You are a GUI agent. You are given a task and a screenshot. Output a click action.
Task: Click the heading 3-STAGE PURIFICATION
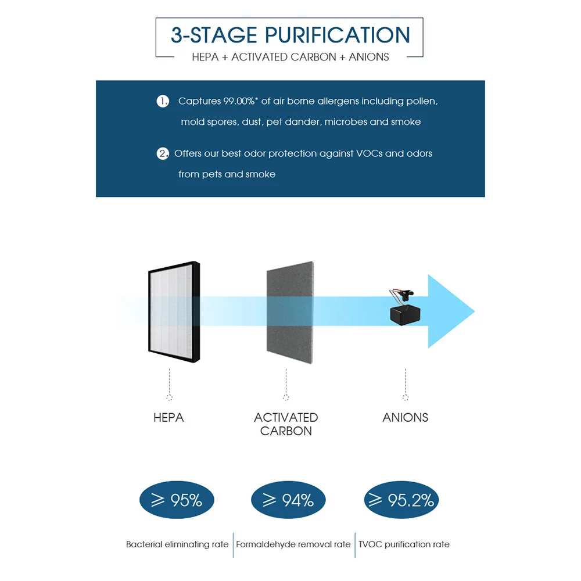click(x=290, y=35)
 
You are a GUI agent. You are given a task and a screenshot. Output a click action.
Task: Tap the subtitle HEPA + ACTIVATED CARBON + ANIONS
click(x=290, y=57)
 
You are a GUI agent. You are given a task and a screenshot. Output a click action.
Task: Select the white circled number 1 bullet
click(x=163, y=101)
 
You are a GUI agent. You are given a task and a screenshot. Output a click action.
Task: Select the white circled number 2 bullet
click(x=163, y=153)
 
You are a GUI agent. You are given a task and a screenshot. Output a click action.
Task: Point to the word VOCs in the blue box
click(x=365, y=153)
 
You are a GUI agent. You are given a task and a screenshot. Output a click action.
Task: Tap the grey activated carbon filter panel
click(x=289, y=314)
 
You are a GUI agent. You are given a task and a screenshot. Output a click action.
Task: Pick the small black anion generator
click(x=406, y=311)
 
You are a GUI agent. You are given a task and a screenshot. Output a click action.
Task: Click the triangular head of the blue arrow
click(x=450, y=311)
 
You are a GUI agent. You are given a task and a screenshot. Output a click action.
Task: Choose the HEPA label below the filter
click(x=168, y=417)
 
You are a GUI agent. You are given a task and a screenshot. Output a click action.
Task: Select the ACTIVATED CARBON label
click(x=286, y=424)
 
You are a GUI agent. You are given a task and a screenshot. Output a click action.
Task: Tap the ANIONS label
click(x=405, y=417)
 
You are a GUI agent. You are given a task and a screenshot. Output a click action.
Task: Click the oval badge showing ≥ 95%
click(x=177, y=500)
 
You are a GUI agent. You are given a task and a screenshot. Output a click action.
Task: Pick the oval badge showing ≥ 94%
click(x=288, y=500)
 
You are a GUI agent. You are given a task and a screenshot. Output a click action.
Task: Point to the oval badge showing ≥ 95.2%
click(x=401, y=500)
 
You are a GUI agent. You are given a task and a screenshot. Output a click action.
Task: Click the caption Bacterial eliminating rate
click(x=177, y=544)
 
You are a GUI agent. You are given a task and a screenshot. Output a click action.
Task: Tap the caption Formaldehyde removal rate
click(x=293, y=544)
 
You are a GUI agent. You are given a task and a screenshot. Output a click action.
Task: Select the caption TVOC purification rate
click(x=404, y=544)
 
